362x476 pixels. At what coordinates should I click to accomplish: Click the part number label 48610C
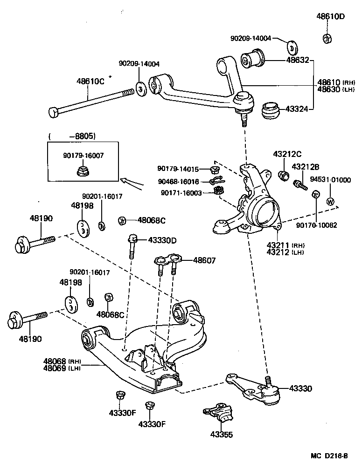coord(90,81)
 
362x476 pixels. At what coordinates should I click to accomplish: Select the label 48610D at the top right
coord(331,17)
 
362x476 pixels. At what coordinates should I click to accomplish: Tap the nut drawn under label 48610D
coord(327,38)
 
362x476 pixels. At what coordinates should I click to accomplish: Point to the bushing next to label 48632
coord(252,60)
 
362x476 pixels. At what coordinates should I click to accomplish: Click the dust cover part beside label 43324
coord(270,111)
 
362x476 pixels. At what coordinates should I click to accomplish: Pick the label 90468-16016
coord(178,181)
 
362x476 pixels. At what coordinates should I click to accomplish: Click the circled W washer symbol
coord(330,202)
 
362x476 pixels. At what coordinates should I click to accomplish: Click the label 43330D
coord(163,240)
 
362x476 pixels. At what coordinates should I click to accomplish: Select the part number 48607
coord(204,260)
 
